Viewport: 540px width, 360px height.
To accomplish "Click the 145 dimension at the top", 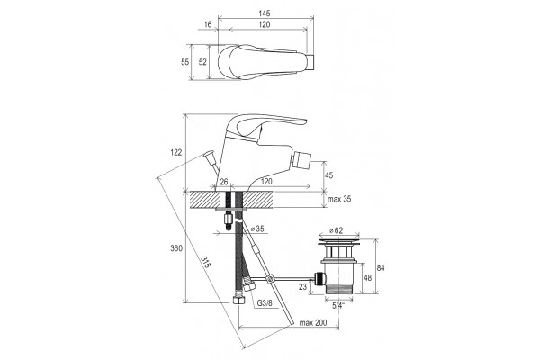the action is pyautogui.click(x=265, y=13).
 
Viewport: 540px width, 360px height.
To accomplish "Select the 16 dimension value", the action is pyautogui.click(x=208, y=24).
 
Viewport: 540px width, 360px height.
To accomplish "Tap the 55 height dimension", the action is pyautogui.click(x=185, y=62).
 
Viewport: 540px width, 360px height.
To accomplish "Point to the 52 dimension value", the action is pyautogui.click(x=202, y=62).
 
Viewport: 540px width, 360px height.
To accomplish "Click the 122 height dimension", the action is pyautogui.click(x=176, y=152).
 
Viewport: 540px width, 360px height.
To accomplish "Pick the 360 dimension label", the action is pyautogui.click(x=176, y=248).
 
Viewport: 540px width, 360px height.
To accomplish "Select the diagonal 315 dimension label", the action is pyautogui.click(x=205, y=263).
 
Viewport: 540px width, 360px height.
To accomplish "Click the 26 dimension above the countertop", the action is pyautogui.click(x=224, y=182).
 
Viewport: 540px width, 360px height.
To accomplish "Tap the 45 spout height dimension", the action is pyautogui.click(x=329, y=175).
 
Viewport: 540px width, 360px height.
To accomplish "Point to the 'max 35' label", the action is pyautogui.click(x=339, y=199).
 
